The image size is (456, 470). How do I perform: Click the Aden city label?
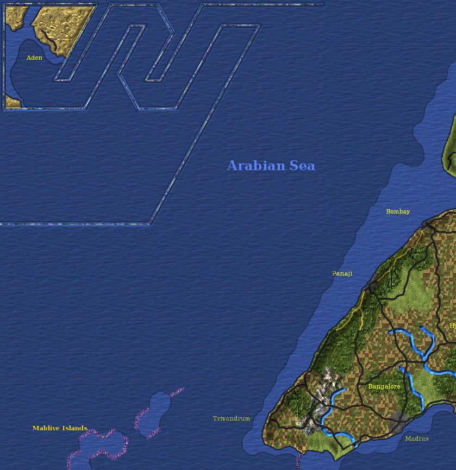coord(34,58)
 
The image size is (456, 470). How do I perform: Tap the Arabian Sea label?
coord(271,166)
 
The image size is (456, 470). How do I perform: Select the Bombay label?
coord(398,211)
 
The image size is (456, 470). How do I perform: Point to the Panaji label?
coord(342,273)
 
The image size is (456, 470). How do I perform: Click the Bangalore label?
coord(384,386)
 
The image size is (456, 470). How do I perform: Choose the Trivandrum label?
coord(232,418)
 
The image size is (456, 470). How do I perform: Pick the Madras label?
coord(417,438)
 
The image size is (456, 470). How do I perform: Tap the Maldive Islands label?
coord(60,428)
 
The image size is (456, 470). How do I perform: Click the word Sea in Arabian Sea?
coord(302,166)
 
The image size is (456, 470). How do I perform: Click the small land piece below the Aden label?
coord(12,102)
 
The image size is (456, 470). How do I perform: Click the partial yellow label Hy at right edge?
coord(452,325)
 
